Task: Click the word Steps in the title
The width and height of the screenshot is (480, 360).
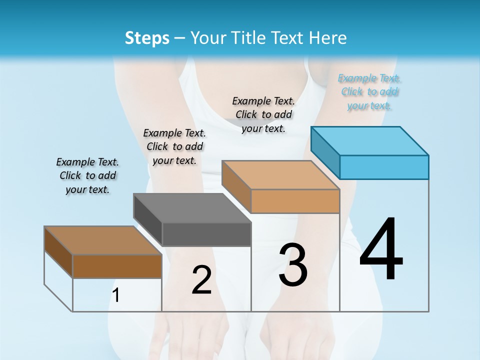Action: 147,37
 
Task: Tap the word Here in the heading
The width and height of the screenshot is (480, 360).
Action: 328,37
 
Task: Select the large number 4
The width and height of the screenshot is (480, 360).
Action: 381,250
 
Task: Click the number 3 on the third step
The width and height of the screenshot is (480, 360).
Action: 293,265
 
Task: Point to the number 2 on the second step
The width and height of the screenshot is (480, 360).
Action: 201,280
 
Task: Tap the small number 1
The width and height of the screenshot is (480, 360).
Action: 116,295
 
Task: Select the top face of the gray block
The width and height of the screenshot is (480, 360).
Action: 192,207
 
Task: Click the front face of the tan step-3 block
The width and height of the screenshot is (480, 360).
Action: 295,201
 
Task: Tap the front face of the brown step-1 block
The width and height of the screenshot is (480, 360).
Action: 117,266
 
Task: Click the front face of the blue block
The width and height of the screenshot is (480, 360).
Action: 384,167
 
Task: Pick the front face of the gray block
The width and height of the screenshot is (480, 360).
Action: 206,234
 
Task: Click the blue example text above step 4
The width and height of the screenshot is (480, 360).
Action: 369,92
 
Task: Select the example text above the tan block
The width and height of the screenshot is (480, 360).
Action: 263,114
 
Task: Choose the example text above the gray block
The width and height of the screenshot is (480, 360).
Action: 174,146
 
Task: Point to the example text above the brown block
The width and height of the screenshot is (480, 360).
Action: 87,175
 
